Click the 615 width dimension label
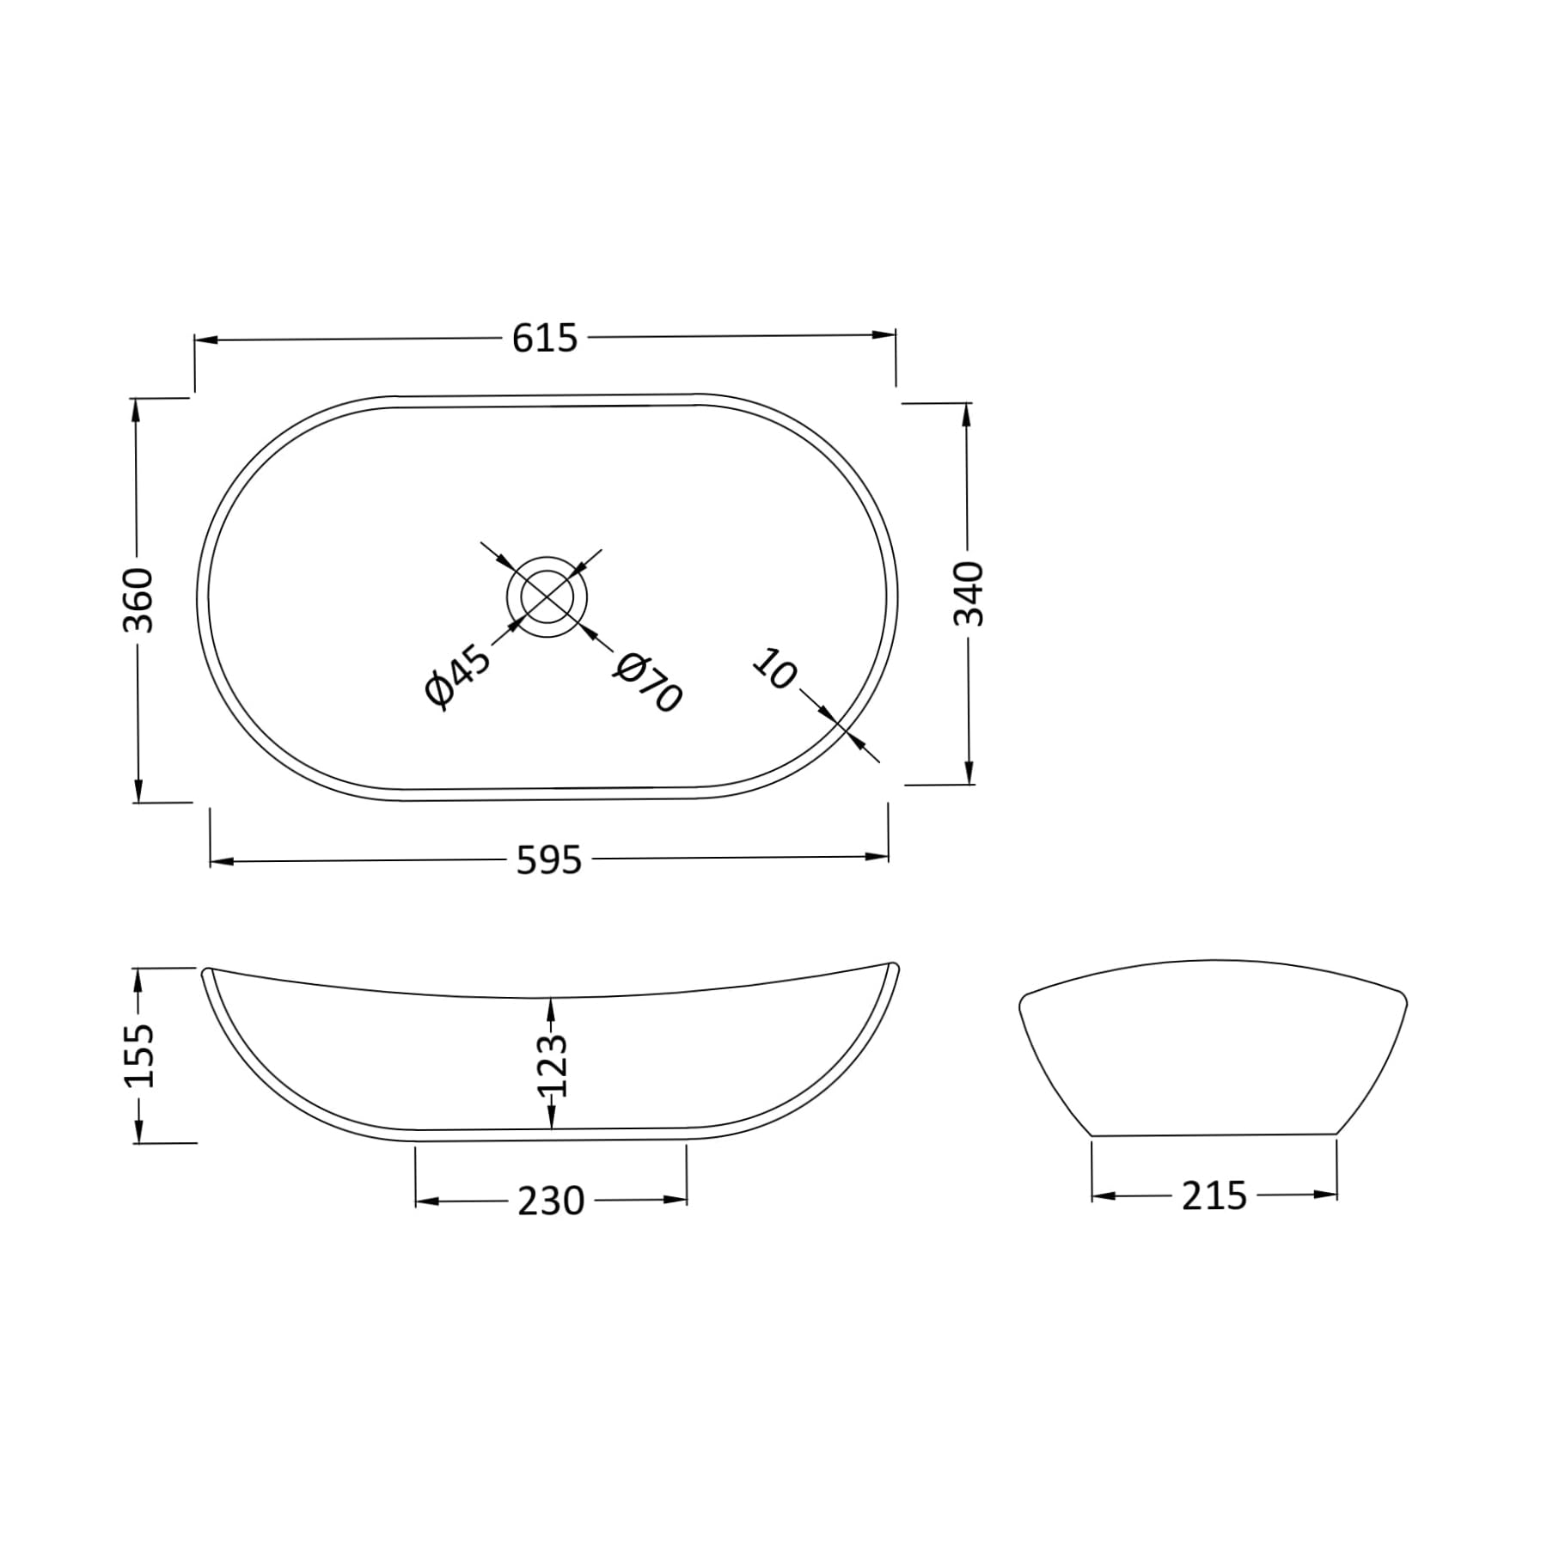pos(545,339)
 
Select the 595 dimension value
pos(549,860)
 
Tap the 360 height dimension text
pos(138,599)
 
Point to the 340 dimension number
pos(969,593)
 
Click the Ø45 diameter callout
pos(458,678)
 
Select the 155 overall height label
pos(138,1055)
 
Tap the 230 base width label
pos(551,1201)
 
